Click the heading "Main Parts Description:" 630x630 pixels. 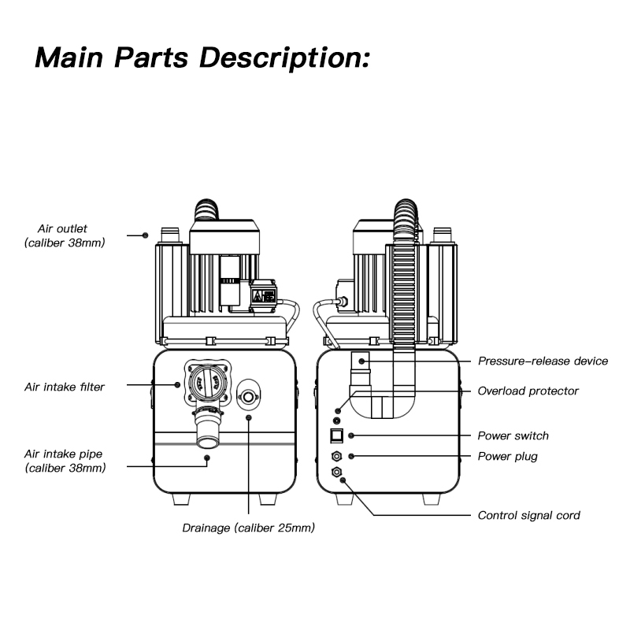(x=202, y=57)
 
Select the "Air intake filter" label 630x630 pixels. (x=64, y=387)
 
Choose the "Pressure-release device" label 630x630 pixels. (x=543, y=361)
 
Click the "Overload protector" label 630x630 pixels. (x=528, y=391)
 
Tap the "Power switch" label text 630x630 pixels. (x=513, y=436)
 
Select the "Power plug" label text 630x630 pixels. (x=507, y=457)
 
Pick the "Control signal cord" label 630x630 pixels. (x=528, y=516)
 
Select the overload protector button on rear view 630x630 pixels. (x=339, y=410)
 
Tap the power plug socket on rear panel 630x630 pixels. (x=336, y=456)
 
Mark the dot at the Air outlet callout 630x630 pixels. (x=146, y=235)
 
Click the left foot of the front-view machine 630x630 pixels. (x=179, y=500)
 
